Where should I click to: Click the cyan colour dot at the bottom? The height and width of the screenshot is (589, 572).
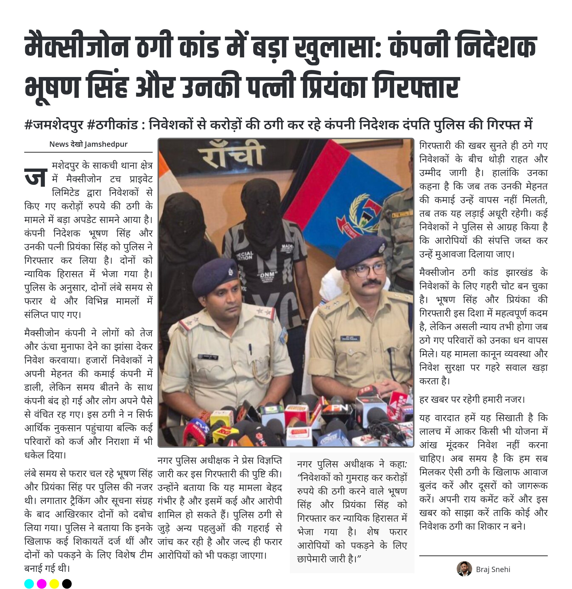point(29,584)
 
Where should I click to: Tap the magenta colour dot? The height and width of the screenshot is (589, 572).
point(41,584)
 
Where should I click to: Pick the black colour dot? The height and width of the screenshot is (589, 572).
point(67,584)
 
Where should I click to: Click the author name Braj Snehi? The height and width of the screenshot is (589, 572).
point(493,569)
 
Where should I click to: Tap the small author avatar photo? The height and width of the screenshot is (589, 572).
point(464,569)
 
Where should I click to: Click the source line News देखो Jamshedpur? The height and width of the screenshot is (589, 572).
point(88,144)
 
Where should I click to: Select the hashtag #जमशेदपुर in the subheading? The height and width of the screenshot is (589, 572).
point(54,125)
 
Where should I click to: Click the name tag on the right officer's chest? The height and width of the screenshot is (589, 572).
point(350,338)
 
